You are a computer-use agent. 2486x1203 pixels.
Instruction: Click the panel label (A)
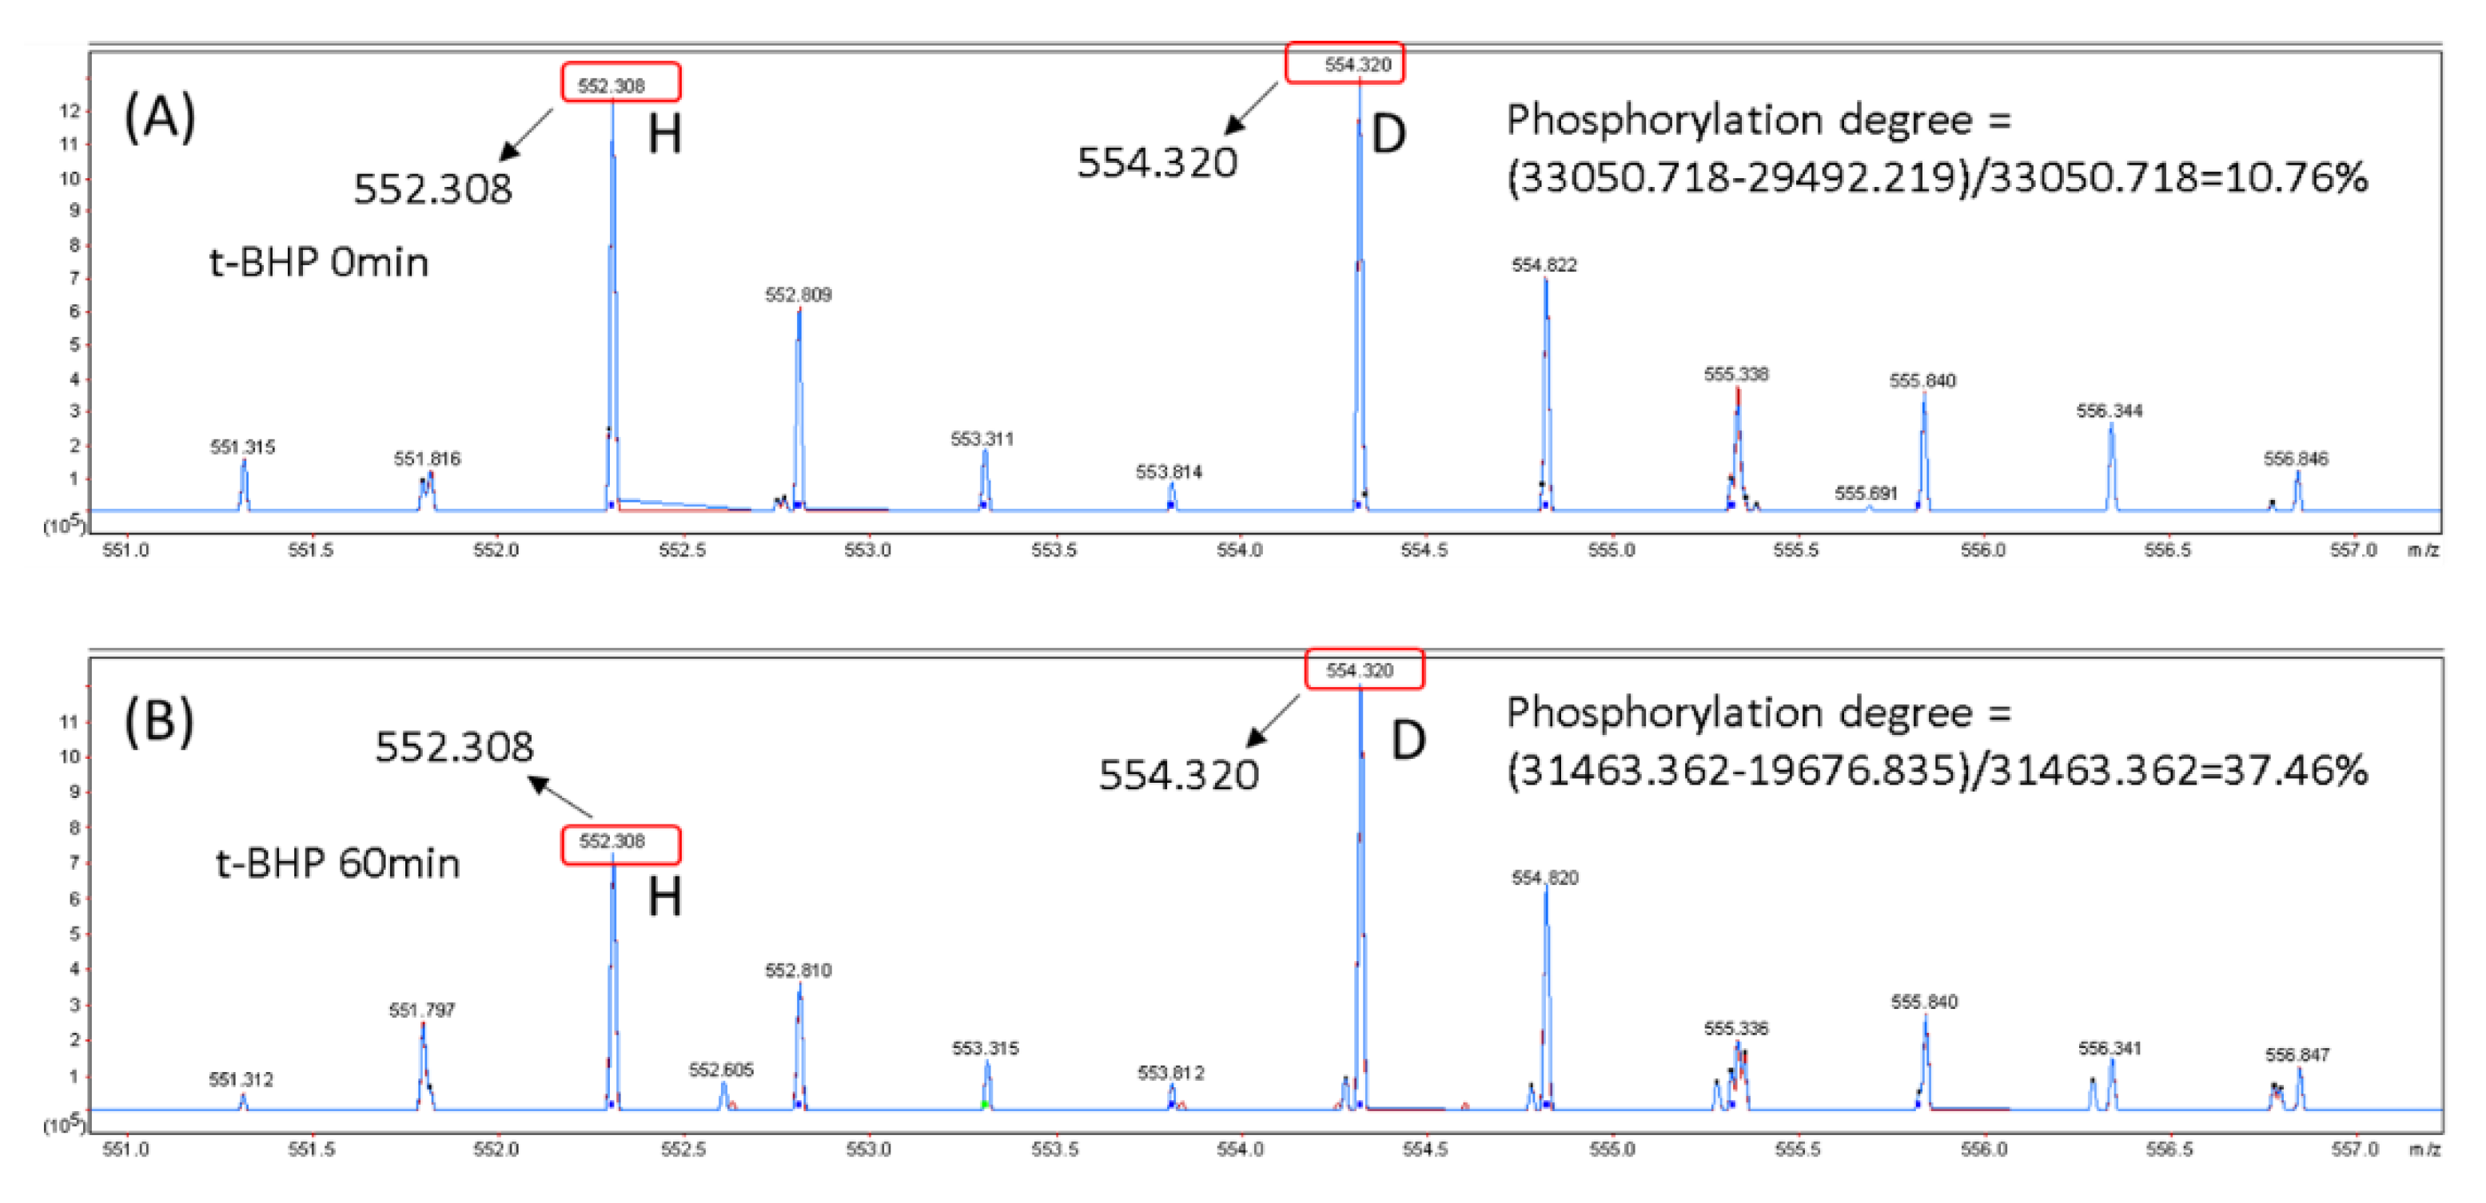[160, 117]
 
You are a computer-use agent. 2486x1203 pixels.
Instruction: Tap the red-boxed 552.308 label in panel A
[620, 84]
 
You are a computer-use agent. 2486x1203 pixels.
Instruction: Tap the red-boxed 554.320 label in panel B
[1364, 669]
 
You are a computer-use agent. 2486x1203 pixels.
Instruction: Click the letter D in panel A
[1388, 134]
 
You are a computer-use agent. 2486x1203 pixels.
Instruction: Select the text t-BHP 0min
[318, 262]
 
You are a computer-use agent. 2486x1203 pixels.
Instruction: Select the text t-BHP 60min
[338, 863]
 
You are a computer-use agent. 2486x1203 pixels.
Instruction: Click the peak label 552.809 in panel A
[798, 294]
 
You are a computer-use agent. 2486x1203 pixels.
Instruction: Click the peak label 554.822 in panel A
[1544, 264]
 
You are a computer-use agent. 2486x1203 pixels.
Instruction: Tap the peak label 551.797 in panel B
[422, 1010]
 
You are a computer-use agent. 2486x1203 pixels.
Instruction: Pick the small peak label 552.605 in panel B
[721, 1069]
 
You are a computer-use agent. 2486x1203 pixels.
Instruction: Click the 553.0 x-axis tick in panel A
[867, 550]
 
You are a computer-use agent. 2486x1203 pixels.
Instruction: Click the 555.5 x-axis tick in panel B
[1796, 1150]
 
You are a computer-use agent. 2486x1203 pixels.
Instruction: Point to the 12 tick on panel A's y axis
[70, 111]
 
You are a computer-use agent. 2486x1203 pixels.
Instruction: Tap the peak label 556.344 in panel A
[2110, 411]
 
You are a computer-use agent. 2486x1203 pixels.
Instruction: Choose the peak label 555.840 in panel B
[1924, 1002]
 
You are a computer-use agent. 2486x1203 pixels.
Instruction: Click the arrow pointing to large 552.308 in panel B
[560, 798]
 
